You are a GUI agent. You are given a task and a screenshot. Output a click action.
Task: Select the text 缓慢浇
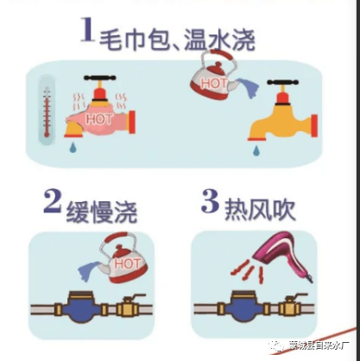101,207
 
